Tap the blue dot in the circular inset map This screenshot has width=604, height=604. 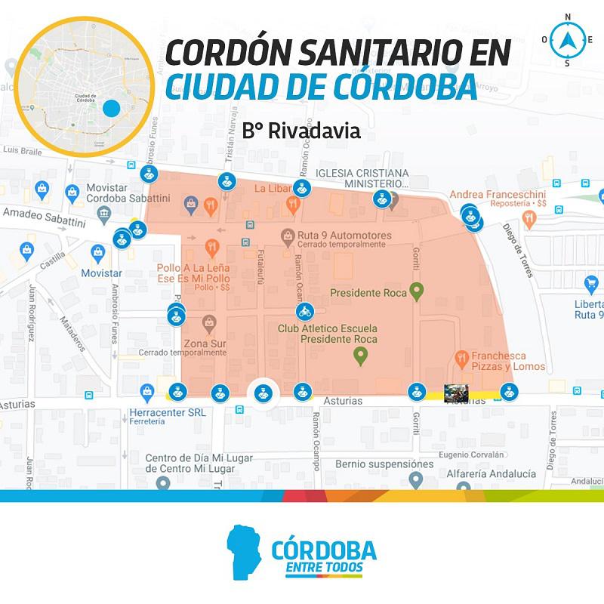pyautogui.click(x=112, y=108)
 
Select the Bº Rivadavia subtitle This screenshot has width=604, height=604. pyautogui.click(x=301, y=131)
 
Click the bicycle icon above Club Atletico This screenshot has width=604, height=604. pyautogui.click(x=304, y=311)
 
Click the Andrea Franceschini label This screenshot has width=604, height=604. pyautogui.click(x=497, y=195)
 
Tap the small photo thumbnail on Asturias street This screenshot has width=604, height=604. pyautogui.click(x=456, y=393)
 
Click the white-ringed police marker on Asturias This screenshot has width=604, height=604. pyautogui.click(x=263, y=391)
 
